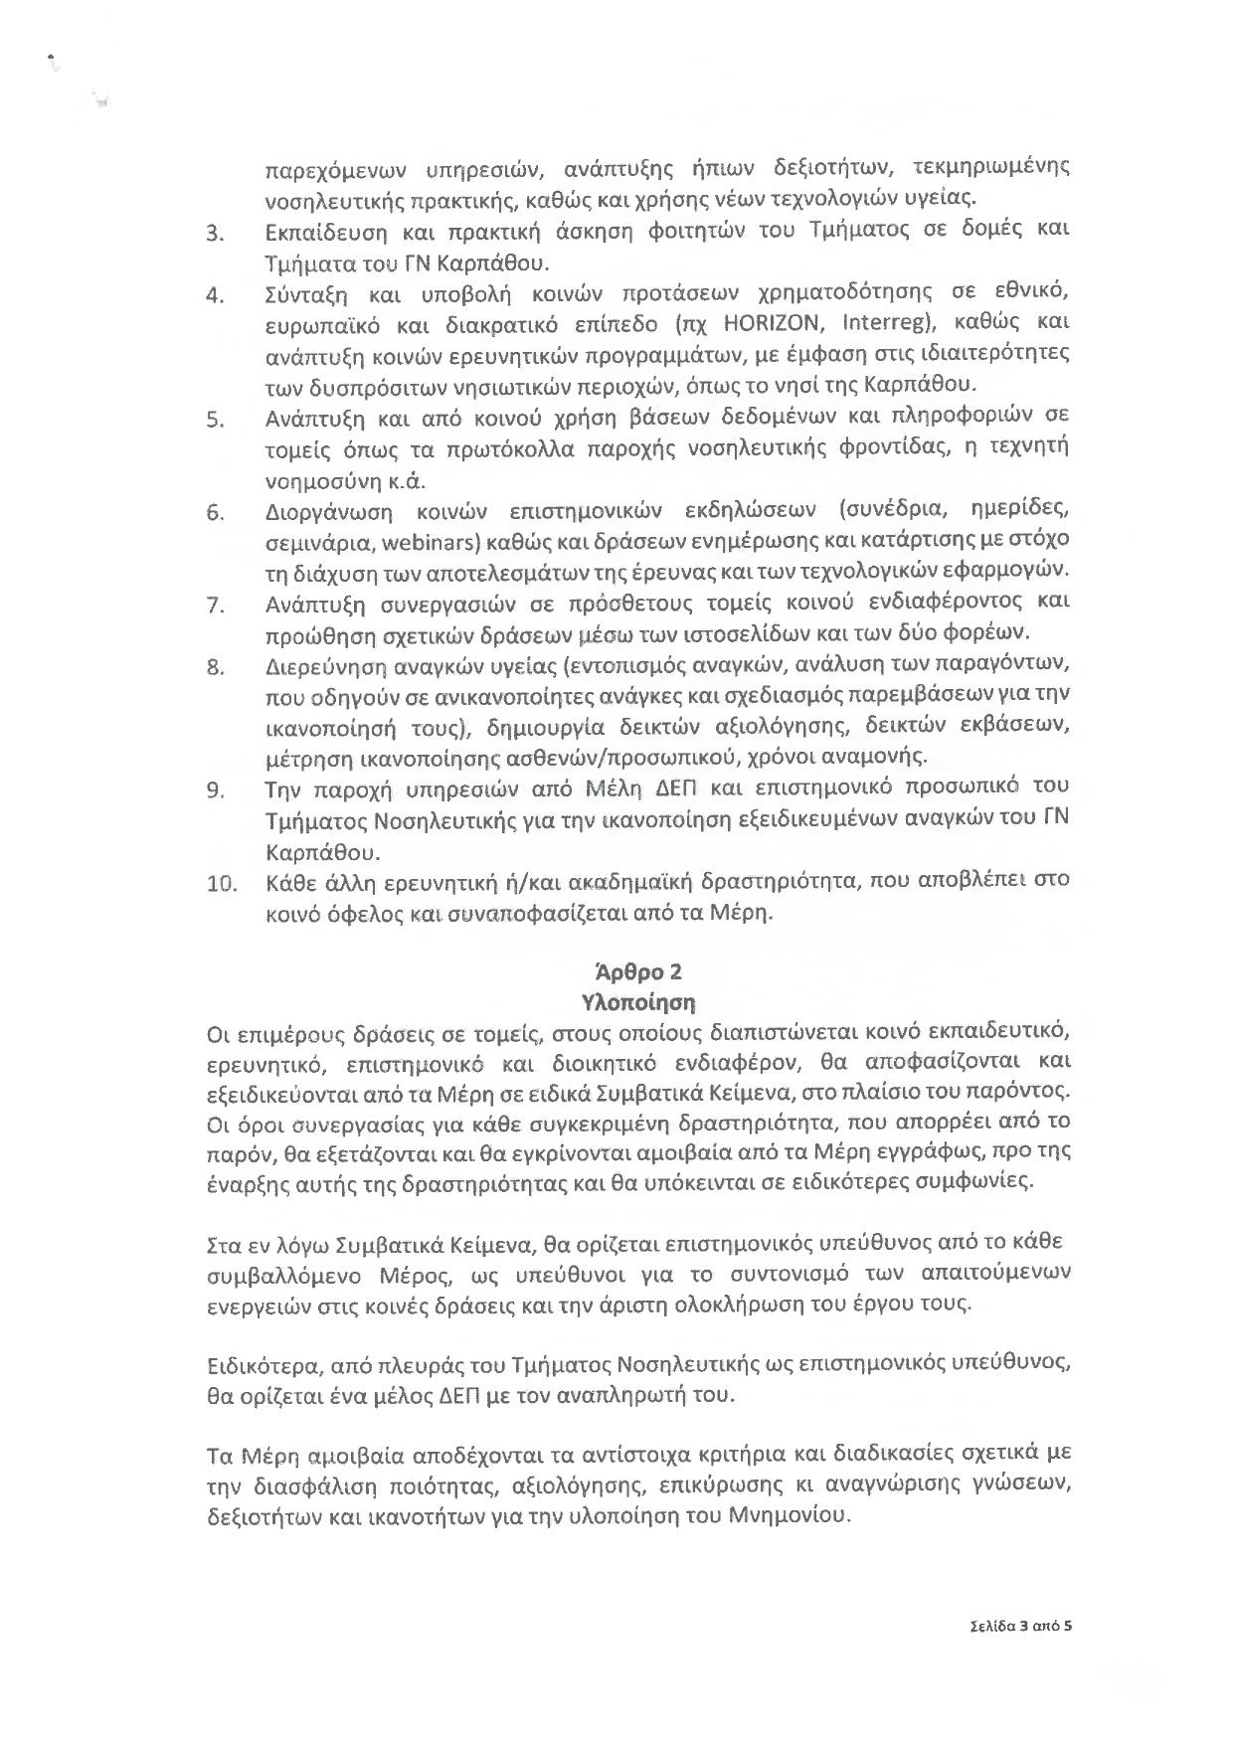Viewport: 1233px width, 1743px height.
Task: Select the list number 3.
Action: tap(214, 235)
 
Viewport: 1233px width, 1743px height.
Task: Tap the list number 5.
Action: tap(214, 419)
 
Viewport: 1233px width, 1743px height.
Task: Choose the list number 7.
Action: tap(214, 605)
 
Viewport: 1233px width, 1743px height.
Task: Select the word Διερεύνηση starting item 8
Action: tap(328, 665)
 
